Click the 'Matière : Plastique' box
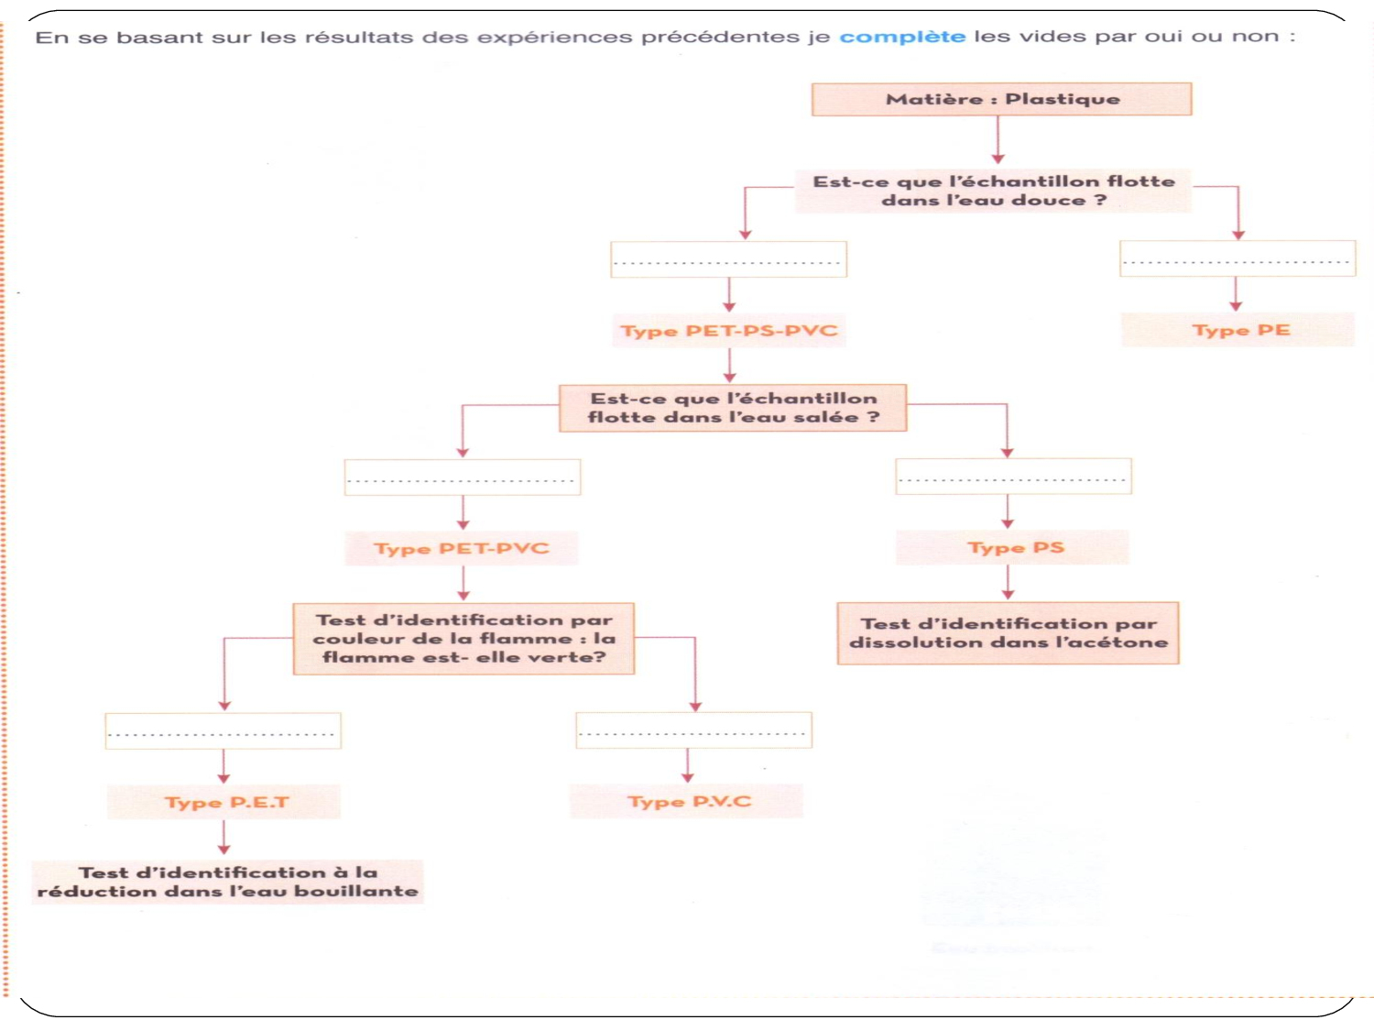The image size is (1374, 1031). pyautogui.click(x=1001, y=99)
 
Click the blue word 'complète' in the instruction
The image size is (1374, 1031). pyautogui.click(x=902, y=37)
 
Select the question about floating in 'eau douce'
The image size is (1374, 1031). pyautogui.click(x=993, y=191)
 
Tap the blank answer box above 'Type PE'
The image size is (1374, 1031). pyautogui.click(x=1238, y=258)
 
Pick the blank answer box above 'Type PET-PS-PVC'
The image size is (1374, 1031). pyautogui.click(x=728, y=259)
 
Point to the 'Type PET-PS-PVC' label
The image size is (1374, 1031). pyautogui.click(x=729, y=331)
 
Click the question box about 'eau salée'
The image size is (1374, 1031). pyautogui.click(x=733, y=408)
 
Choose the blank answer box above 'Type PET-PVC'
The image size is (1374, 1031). pyautogui.click(x=463, y=477)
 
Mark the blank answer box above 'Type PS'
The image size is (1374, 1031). pyautogui.click(x=1013, y=477)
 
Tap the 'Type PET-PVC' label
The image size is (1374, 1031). pyautogui.click(x=462, y=548)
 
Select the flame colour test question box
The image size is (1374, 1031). pyautogui.click(x=463, y=638)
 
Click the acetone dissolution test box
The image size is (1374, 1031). pyautogui.click(x=1008, y=633)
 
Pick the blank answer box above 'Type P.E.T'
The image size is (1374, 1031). pyautogui.click(x=223, y=730)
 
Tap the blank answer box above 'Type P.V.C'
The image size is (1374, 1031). pyautogui.click(x=693, y=730)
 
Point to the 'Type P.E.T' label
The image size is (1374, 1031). pyautogui.click(x=224, y=802)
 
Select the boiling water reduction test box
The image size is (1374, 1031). pyautogui.click(x=227, y=882)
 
